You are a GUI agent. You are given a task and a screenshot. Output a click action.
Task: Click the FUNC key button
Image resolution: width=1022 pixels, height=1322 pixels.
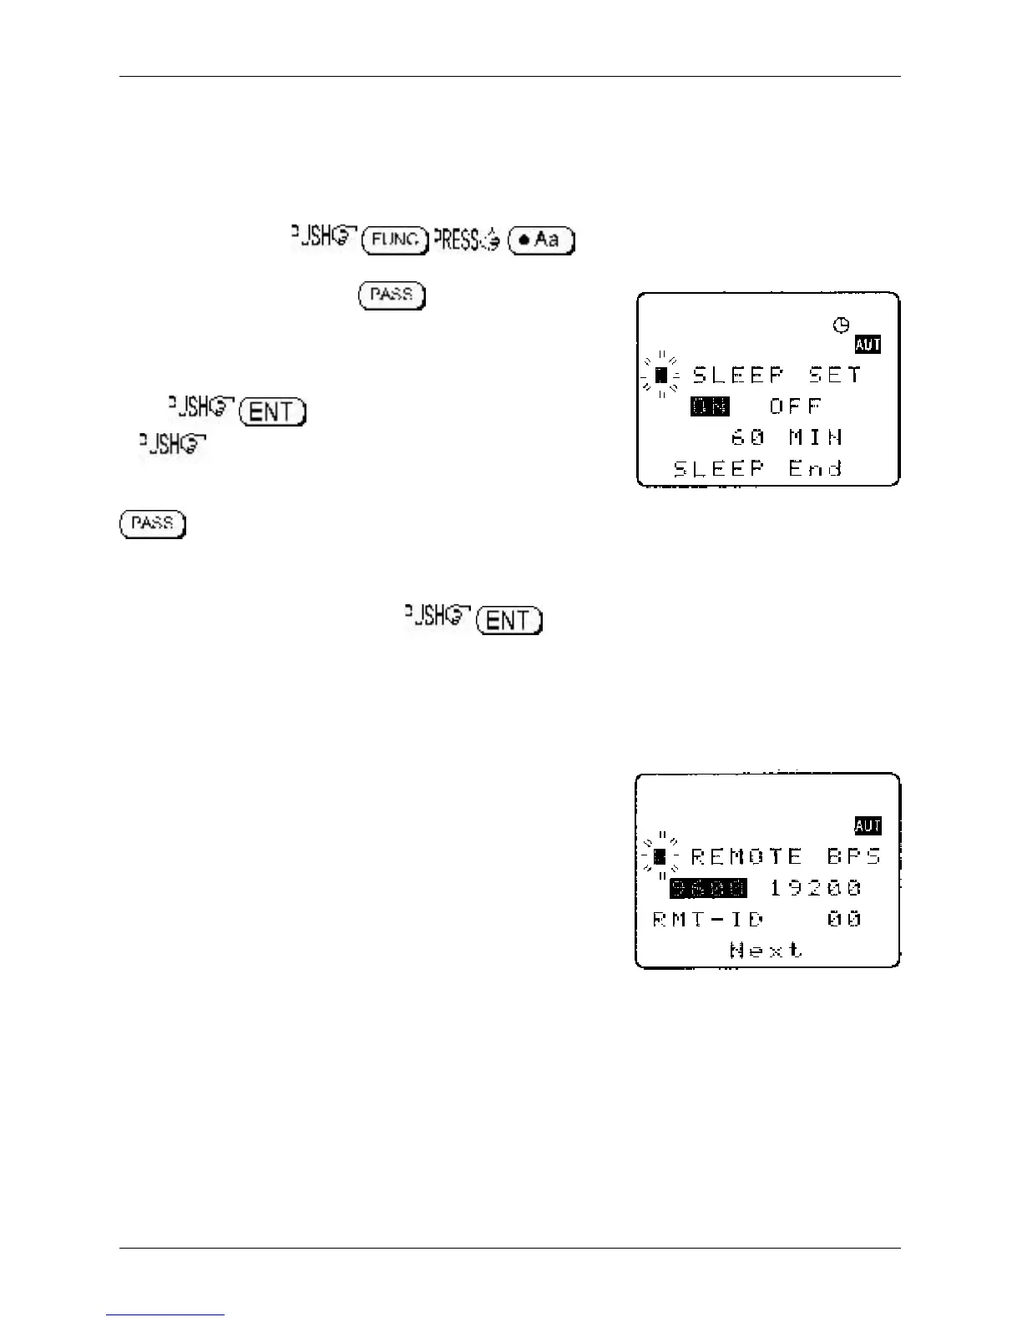(x=395, y=240)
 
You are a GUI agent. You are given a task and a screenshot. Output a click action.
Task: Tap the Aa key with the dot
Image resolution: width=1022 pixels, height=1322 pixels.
(x=541, y=240)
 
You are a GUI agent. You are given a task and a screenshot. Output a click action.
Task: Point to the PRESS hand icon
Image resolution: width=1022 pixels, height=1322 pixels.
(x=468, y=240)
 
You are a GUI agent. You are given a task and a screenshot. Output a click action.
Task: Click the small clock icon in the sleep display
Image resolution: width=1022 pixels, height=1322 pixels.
(x=842, y=325)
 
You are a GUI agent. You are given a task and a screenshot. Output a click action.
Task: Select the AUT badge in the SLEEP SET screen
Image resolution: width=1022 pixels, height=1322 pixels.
(x=868, y=345)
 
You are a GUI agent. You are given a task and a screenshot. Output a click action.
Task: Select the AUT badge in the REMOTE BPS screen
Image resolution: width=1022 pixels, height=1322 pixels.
(x=868, y=825)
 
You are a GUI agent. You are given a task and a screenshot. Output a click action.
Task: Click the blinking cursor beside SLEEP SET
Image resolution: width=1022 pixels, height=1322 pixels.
(x=660, y=376)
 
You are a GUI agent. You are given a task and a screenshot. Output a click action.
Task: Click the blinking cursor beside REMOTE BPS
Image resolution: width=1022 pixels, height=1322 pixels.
(x=660, y=856)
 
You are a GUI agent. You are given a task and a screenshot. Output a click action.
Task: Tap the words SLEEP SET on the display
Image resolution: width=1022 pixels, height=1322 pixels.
(x=777, y=376)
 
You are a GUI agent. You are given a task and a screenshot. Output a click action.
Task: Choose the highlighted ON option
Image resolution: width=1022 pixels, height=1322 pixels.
(x=710, y=406)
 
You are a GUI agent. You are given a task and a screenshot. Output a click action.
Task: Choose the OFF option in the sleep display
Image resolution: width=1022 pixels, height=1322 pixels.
(x=796, y=406)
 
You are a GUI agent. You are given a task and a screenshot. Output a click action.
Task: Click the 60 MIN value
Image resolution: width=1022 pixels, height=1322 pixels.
(x=787, y=437)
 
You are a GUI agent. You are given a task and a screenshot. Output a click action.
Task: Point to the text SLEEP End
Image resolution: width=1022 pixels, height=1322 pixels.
(x=757, y=468)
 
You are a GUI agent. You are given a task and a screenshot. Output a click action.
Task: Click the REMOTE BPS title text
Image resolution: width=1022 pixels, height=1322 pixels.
(x=785, y=856)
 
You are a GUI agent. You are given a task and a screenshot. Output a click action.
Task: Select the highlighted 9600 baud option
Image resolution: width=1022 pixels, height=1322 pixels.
(x=709, y=888)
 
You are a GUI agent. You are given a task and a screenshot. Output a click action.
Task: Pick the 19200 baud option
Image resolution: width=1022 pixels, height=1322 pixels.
(x=815, y=888)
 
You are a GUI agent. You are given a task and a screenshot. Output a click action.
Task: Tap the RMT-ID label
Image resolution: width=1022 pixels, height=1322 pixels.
(x=708, y=919)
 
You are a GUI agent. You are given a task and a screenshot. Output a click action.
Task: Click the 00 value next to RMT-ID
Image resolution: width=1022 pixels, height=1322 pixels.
(x=844, y=919)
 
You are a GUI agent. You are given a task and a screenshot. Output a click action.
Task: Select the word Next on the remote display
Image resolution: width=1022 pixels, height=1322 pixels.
(x=766, y=950)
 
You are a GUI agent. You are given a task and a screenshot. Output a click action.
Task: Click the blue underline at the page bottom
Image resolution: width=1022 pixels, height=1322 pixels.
(x=165, y=1314)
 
